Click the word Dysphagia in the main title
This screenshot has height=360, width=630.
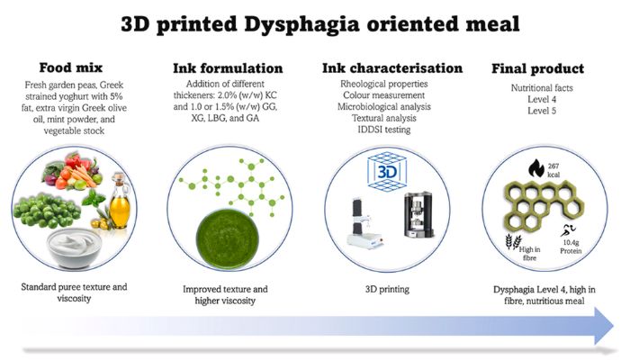[x=301, y=25]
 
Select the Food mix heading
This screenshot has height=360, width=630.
[x=71, y=67]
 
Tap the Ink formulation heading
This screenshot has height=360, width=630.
[x=228, y=68]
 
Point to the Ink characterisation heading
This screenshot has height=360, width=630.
[x=392, y=68]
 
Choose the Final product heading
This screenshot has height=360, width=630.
[x=537, y=68]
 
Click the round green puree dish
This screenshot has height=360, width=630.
[x=228, y=238]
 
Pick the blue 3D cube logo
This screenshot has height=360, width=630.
[x=386, y=172]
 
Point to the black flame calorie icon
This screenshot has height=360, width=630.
[x=536, y=168]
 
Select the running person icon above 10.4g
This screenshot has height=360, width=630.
[x=569, y=230]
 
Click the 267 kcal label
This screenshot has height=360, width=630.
[x=553, y=170]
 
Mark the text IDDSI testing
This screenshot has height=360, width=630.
[x=384, y=130]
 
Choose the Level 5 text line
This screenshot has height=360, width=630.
[x=542, y=111]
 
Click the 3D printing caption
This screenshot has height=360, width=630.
[x=387, y=289]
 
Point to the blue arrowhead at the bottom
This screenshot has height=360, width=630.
[x=604, y=326]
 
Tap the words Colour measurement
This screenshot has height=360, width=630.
[x=383, y=95]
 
